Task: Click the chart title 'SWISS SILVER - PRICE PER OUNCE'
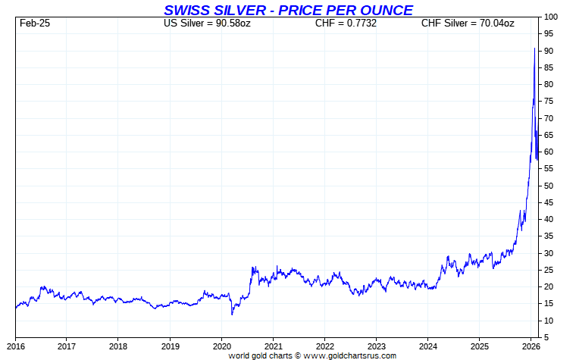pyautogui.click(x=288, y=10)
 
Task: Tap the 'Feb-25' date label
pyautogui.click(x=34, y=23)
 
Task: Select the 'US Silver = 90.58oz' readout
pyautogui.click(x=208, y=23)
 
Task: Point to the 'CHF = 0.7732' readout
pyautogui.click(x=346, y=23)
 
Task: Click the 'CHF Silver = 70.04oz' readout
pyautogui.click(x=468, y=23)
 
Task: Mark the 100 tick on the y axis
pyautogui.click(x=551, y=17)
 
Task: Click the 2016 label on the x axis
pyautogui.click(x=15, y=346)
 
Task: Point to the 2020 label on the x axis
pyautogui.click(x=221, y=346)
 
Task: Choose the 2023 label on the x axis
pyautogui.click(x=376, y=346)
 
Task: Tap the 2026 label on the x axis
pyautogui.click(x=531, y=346)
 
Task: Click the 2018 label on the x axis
pyautogui.click(x=118, y=346)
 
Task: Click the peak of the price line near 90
pyautogui.click(x=535, y=49)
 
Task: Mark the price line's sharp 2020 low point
pyautogui.click(x=232, y=313)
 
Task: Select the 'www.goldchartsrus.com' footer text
pyautogui.click(x=349, y=355)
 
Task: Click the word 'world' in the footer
pyautogui.click(x=240, y=355)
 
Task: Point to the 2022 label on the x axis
pyautogui.click(x=324, y=346)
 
